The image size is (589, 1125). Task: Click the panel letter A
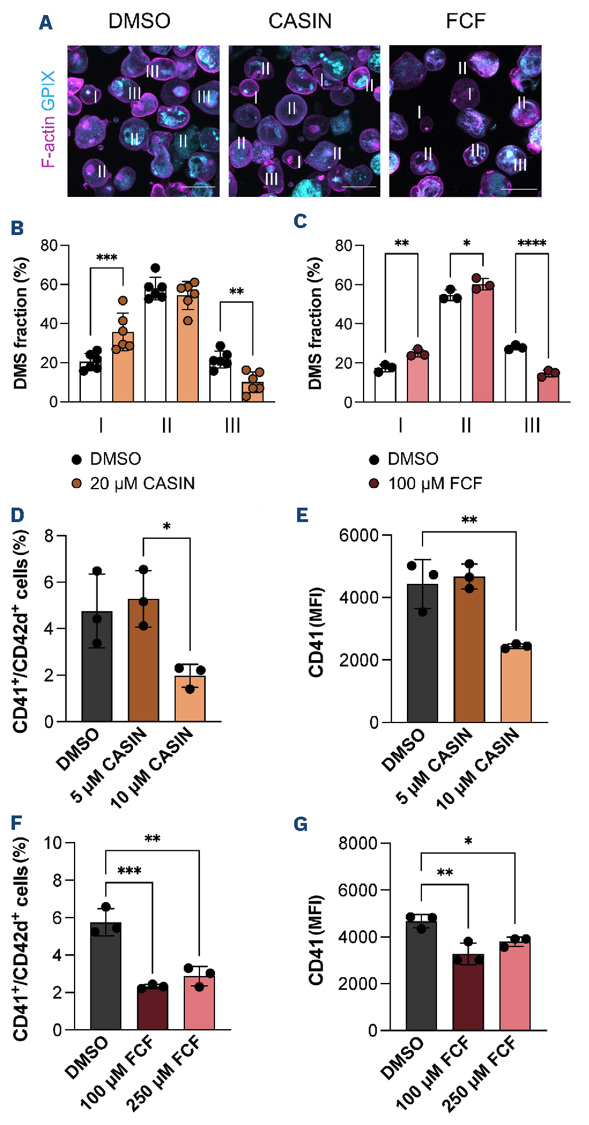[46, 23]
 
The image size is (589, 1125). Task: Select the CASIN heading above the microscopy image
[300, 21]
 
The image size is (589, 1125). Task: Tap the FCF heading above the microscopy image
[465, 21]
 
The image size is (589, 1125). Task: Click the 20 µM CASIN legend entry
[142, 483]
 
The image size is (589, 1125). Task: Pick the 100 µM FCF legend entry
[435, 483]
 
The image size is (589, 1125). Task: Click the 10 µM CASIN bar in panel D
[190, 698]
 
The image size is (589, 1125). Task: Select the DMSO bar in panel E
[423, 653]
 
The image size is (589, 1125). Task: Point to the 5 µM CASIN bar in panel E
[469, 649]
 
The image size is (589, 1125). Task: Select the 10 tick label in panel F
[53, 843]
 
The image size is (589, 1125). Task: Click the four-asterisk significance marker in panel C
[532, 243]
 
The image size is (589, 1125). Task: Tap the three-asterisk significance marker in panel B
[107, 258]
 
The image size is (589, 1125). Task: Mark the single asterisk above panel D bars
[166, 527]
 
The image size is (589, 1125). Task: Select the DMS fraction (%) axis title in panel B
[21, 323]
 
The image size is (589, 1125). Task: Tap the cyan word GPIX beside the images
[49, 90]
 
